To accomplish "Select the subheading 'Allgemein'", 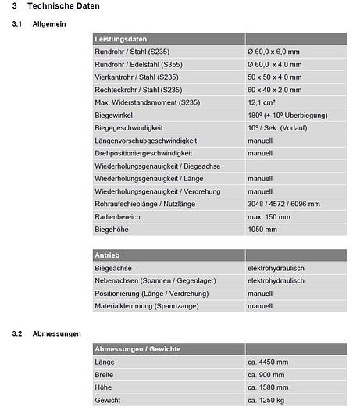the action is tap(49, 24).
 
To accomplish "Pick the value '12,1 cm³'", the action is tap(263, 102).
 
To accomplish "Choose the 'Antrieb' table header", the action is tap(108, 255).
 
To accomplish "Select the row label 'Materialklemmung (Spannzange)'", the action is tap(143, 306).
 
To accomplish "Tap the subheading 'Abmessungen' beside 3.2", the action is tap(57, 334).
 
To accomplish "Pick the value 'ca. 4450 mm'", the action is tap(268, 362).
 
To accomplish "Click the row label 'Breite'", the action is tap(105, 375).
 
